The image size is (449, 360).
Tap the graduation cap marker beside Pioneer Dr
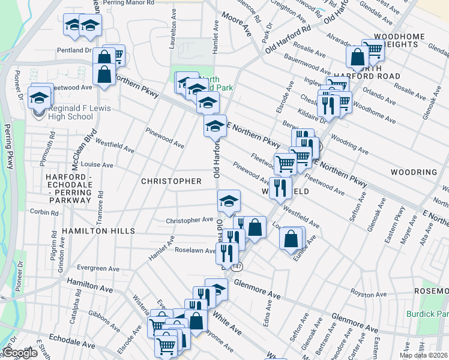[40, 95]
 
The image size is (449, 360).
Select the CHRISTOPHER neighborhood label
[171, 181]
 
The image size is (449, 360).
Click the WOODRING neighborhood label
[414, 172]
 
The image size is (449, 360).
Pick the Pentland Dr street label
[74, 51]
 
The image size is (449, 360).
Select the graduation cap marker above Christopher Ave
[228, 201]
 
